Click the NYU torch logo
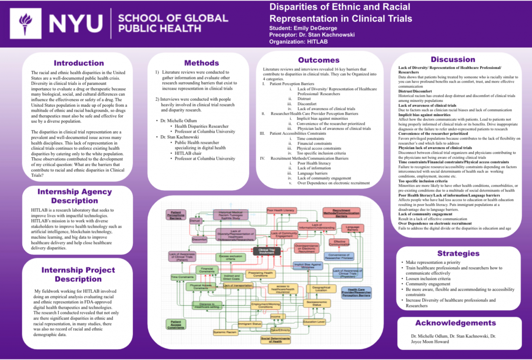pyautogui.click(x=25, y=24)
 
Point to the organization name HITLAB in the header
pyautogui.click(x=317, y=42)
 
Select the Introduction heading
pyautogui.click(x=79, y=63)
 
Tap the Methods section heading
pyautogui.click(x=201, y=63)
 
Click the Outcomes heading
pyautogui.click(x=319, y=60)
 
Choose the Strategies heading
pyautogui.click(x=458, y=254)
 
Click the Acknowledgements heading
pyautogui.click(x=456, y=323)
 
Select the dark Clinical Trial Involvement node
pyautogui.click(x=267, y=251)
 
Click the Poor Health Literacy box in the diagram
pyautogui.click(x=281, y=210)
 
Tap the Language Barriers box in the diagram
pyautogui.click(x=352, y=228)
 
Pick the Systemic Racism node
pyautogui.click(x=225, y=332)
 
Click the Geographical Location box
pyautogui.click(x=321, y=289)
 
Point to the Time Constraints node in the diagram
pyautogui.click(x=182, y=277)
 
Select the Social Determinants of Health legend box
pyautogui.click(x=275, y=340)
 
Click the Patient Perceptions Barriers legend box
pyautogui.click(x=176, y=215)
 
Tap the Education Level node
pyautogui.click(x=314, y=322)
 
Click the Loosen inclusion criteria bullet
pyautogui.click(x=428, y=279)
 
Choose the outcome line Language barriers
pyautogui.click(x=312, y=173)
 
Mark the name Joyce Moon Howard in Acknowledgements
pyautogui.click(x=430, y=342)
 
